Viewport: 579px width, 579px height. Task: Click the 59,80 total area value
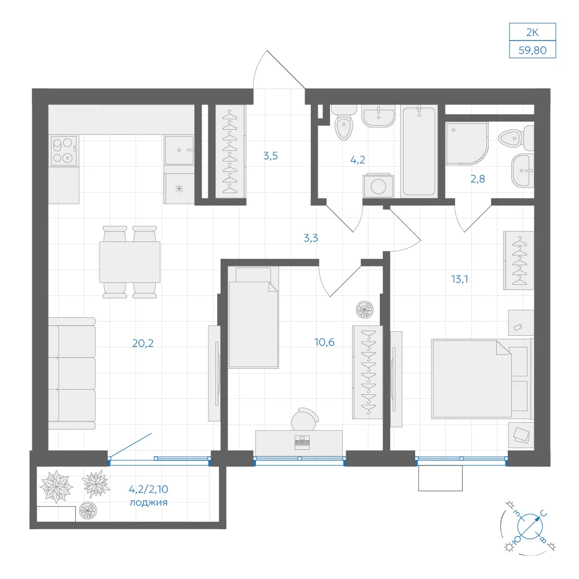coord(533,50)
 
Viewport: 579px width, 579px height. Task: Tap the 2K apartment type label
coord(533,32)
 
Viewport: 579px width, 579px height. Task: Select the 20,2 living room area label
coord(142,343)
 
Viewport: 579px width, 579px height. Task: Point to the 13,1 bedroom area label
coord(459,279)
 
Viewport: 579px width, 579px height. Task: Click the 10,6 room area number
coord(324,342)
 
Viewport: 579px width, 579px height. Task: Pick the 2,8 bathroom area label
coord(478,179)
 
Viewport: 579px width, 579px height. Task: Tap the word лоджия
coord(148,503)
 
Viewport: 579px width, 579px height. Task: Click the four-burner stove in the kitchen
coord(64,151)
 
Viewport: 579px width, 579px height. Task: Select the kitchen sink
coord(179,151)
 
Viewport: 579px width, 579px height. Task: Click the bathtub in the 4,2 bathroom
coord(419,151)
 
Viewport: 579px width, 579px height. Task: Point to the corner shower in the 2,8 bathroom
coord(467,144)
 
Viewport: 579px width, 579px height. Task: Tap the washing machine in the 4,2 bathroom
coord(378,186)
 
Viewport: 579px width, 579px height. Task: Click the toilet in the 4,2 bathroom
coord(344,122)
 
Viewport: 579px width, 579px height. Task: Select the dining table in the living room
coord(130,262)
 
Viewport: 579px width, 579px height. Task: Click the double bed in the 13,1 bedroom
coord(482,379)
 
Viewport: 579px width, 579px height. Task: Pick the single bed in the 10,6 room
coord(254,317)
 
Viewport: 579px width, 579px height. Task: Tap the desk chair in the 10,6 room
coord(305,419)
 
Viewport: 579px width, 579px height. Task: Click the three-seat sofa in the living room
coord(72,373)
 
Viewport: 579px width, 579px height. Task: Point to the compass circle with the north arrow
coord(530,526)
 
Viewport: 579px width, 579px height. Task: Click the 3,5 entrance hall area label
coord(270,156)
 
